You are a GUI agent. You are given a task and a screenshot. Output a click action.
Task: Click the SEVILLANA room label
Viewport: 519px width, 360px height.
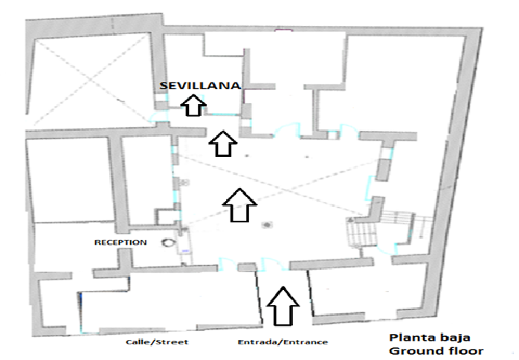pos(200,86)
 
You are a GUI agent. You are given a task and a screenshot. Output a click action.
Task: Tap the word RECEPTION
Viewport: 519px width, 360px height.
pos(120,242)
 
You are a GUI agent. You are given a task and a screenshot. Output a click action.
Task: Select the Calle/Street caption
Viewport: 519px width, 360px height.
pos(157,342)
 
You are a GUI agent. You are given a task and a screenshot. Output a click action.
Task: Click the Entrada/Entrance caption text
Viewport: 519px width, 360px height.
pos(283,342)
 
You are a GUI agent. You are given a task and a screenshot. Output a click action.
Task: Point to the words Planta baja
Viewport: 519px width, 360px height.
pos(430,338)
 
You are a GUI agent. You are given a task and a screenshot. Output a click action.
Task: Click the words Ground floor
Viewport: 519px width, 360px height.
pos(436,351)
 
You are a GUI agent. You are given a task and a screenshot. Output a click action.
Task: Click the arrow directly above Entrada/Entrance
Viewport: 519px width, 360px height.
pos(283,306)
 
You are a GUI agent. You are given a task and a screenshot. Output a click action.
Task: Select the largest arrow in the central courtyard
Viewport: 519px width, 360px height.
pos(239,205)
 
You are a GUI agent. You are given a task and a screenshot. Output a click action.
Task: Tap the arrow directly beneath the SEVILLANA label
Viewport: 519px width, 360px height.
pos(193,106)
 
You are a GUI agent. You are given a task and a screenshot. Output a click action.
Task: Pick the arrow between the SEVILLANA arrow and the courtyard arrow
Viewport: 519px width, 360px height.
pos(223,144)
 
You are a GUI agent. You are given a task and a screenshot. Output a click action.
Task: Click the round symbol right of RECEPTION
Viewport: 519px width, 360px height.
pos(168,242)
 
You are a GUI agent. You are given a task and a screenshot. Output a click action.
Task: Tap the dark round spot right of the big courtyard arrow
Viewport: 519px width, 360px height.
pos(267,225)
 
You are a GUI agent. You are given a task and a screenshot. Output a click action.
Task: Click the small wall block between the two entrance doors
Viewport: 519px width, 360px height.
pos(247,267)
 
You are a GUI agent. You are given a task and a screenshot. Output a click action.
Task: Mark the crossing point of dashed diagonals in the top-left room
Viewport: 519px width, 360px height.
pos(91,79)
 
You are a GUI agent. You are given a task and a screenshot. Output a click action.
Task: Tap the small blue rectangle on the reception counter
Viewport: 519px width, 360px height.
pos(185,251)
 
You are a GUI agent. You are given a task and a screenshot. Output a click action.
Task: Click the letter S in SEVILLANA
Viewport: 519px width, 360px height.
pos(163,86)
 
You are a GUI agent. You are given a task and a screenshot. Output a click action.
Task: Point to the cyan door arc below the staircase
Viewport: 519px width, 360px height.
pos(386,250)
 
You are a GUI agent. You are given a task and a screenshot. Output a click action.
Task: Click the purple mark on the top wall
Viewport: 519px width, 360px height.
pos(283,30)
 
